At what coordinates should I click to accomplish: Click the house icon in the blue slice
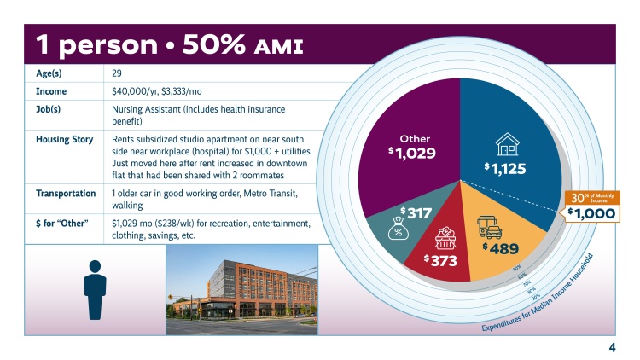point(508,142)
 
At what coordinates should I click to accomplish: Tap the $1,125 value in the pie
point(506,168)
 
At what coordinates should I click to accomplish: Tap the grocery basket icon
point(445,238)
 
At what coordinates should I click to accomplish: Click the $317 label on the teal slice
point(416,212)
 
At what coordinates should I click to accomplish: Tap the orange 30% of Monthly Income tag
point(591,197)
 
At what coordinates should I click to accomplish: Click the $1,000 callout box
point(591,213)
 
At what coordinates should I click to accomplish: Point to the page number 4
point(612,347)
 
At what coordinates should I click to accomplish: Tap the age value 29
point(117,73)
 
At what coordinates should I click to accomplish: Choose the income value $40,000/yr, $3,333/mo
point(160,91)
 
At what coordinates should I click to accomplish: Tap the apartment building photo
point(241,287)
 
